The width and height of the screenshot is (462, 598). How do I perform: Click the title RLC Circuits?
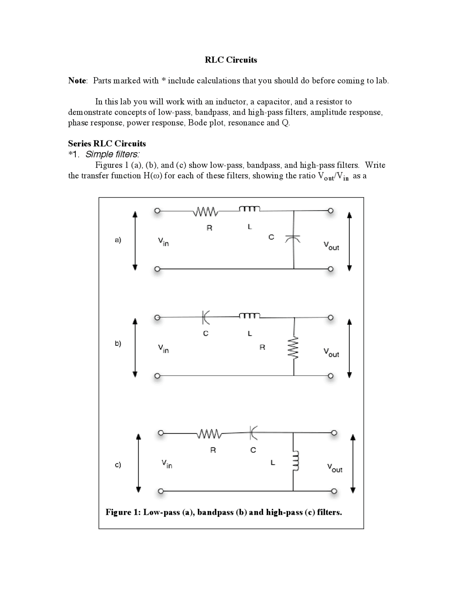tap(231, 60)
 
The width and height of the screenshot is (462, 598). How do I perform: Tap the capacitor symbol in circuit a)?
tap(293, 238)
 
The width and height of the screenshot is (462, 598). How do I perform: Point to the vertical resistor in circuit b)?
tap(294, 348)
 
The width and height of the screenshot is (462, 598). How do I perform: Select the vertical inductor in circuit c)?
tap(295, 461)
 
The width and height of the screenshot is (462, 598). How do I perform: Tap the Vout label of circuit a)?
tap(331, 246)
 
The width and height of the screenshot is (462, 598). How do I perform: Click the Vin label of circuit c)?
tap(166, 464)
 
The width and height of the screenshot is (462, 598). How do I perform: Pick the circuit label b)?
tap(118, 343)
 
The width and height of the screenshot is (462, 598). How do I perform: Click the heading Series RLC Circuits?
tap(107, 144)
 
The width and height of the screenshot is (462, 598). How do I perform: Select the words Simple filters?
tap(112, 155)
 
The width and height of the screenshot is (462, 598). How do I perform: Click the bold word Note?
tap(77, 81)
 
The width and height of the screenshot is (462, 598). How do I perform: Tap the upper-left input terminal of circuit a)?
tap(157, 211)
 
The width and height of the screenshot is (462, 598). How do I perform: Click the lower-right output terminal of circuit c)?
tap(334, 491)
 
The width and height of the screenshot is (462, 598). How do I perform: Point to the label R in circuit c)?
tap(213, 450)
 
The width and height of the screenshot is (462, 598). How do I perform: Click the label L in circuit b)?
tap(249, 333)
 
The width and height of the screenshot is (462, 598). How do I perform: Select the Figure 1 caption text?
tap(223, 512)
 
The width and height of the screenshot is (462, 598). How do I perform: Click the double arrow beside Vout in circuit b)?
tap(349, 348)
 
